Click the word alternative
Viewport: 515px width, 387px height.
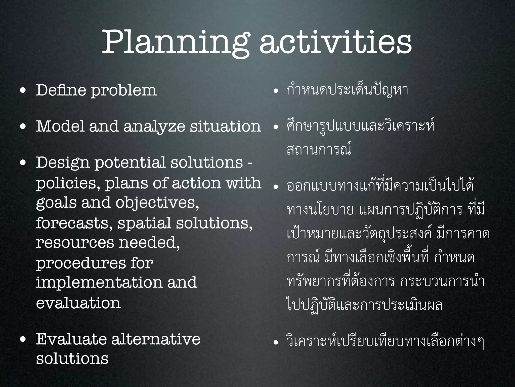156,339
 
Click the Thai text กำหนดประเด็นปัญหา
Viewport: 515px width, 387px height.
347,90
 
